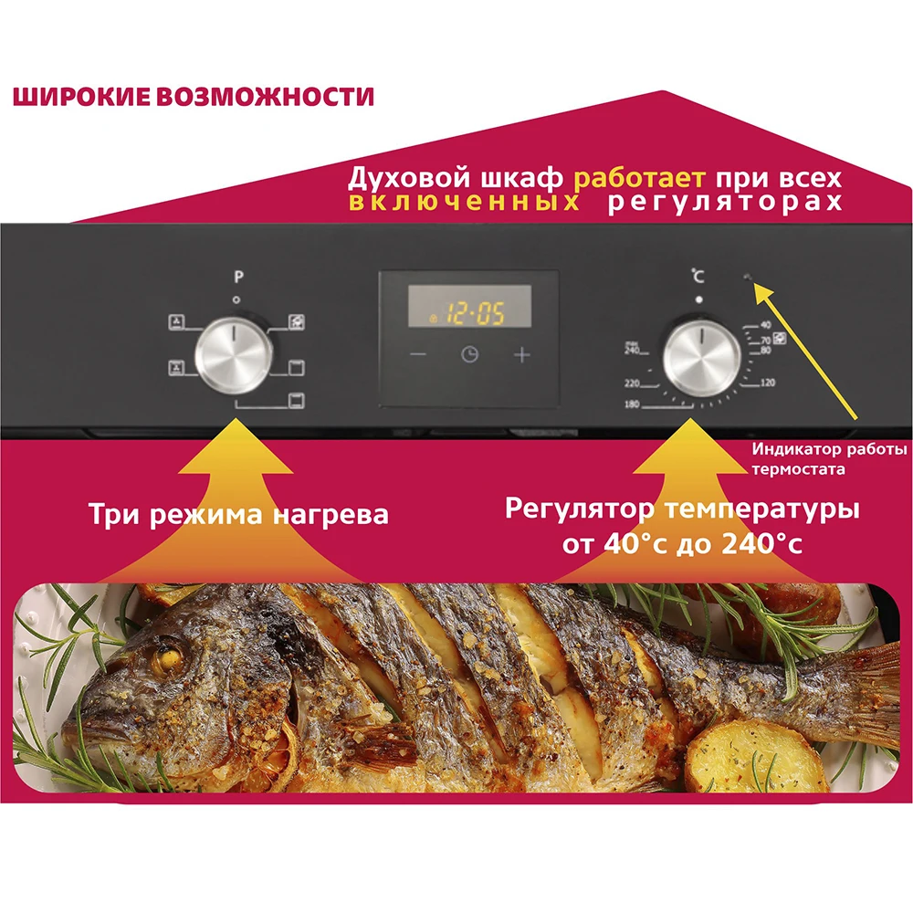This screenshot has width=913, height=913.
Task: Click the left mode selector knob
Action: [x=235, y=352]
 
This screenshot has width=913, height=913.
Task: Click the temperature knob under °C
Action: [x=701, y=353]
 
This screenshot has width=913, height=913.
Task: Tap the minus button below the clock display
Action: [x=417, y=355]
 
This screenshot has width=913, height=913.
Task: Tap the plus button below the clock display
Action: [x=521, y=355]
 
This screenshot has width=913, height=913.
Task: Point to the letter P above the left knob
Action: [x=237, y=277]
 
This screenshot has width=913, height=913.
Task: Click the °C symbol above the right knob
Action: [x=698, y=275]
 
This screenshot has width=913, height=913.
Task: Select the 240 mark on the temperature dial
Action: [x=631, y=349]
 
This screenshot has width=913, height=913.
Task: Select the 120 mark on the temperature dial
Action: [x=767, y=383]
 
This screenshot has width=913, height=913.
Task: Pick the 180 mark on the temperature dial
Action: [x=632, y=404]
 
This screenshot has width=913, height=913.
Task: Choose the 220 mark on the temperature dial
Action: [x=631, y=383]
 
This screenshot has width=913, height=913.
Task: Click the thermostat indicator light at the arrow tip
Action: [x=747, y=278]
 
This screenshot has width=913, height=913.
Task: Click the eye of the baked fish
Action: [x=167, y=656]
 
